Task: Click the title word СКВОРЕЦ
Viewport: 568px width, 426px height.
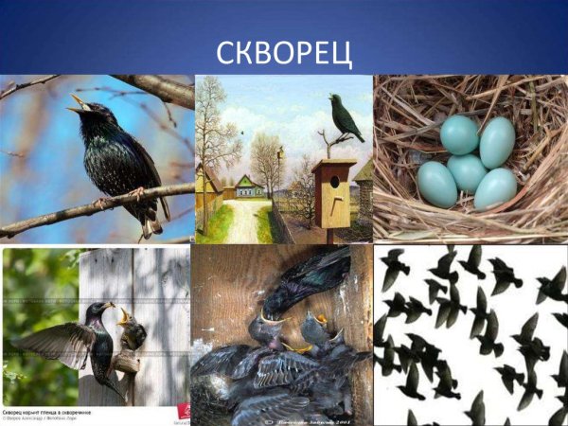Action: coord(284,51)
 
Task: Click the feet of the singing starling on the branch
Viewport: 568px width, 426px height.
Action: coord(133,195)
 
